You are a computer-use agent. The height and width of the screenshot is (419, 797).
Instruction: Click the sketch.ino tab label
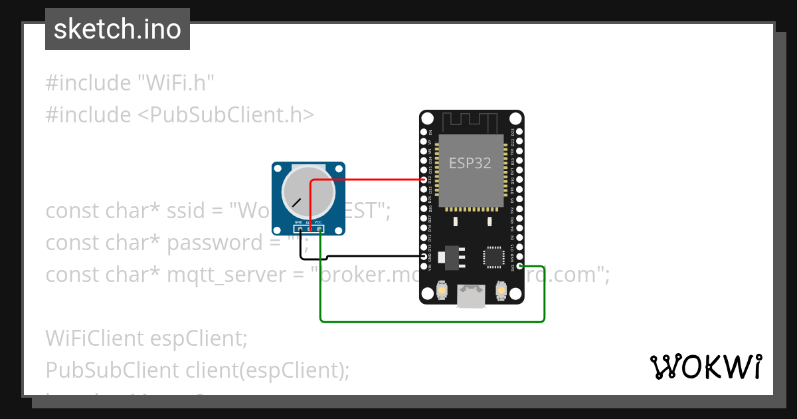point(118,29)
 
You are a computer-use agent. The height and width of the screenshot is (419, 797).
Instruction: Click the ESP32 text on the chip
point(470,163)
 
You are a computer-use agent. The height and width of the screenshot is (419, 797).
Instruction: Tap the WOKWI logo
point(705,366)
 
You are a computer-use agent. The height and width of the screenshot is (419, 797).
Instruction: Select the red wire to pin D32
point(372,180)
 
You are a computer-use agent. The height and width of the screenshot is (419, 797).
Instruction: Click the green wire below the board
point(432,321)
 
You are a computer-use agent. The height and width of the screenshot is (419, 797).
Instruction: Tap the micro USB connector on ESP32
point(471,297)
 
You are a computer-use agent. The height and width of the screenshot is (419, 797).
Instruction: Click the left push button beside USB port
point(442,291)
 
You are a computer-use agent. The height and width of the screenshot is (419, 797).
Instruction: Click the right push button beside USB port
point(501,291)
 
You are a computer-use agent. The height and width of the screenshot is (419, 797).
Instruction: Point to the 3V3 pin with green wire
point(520,266)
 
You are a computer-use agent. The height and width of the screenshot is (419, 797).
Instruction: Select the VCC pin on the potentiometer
point(320,229)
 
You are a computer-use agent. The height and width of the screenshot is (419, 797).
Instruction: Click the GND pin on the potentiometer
point(300,229)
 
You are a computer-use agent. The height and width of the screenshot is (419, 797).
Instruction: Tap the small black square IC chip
point(493,257)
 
